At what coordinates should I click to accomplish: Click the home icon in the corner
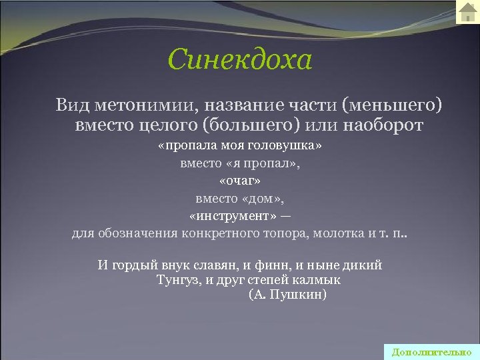point(467,13)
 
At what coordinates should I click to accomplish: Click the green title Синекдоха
point(240,60)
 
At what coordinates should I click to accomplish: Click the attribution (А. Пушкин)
point(287,295)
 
